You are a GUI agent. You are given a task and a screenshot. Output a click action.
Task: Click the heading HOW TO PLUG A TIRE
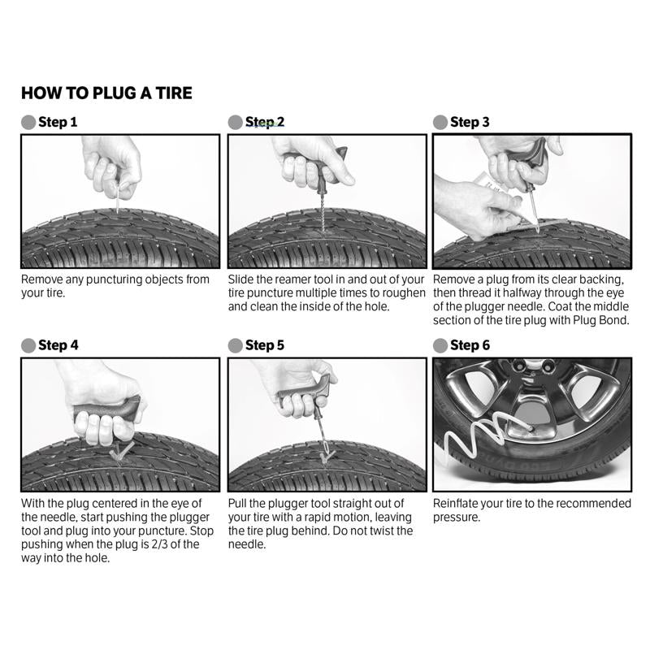coord(106,93)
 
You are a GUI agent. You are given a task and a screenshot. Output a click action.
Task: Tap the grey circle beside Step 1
coord(28,123)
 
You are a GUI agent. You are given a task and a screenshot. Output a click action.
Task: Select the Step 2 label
coord(265,123)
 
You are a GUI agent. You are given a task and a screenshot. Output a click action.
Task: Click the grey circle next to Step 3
coord(440,123)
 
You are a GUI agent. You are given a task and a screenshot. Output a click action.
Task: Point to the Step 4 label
coord(58,345)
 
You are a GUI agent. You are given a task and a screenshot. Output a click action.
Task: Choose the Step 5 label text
coord(265,345)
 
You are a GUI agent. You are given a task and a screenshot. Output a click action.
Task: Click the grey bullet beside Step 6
coord(440,345)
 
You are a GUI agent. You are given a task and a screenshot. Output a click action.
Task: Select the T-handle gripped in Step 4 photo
coord(106,411)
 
